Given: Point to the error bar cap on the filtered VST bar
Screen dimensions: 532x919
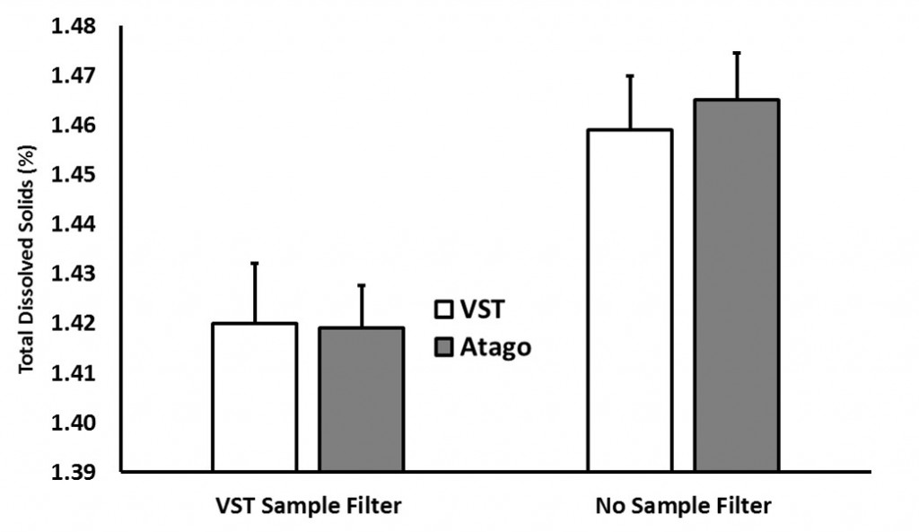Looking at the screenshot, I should click(x=255, y=263).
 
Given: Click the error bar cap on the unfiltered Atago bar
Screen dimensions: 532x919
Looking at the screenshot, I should click(x=737, y=53).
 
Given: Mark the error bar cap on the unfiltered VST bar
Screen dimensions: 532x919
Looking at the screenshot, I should click(x=630, y=75).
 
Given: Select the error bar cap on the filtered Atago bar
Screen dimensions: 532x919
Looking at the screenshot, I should click(x=362, y=285).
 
